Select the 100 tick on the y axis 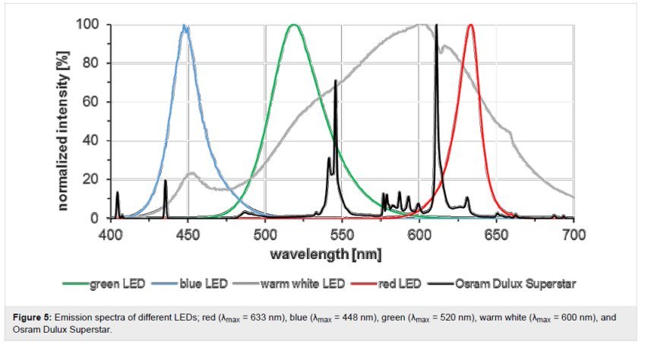point(87,24)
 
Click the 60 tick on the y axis point(90,102)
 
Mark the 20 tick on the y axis point(90,179)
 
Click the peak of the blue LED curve point(185,26)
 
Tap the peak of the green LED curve point(294,25)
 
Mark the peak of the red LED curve point(471,25)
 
